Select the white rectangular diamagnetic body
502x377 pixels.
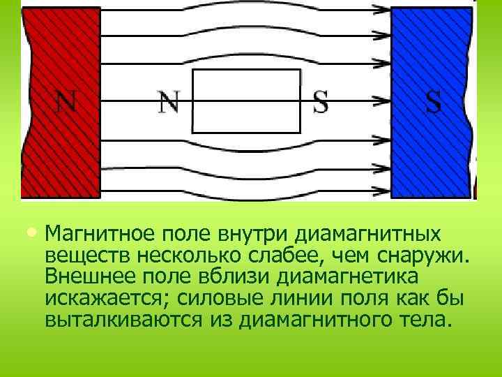tap(245, 101)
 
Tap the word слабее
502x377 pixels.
tap(345, 254)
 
